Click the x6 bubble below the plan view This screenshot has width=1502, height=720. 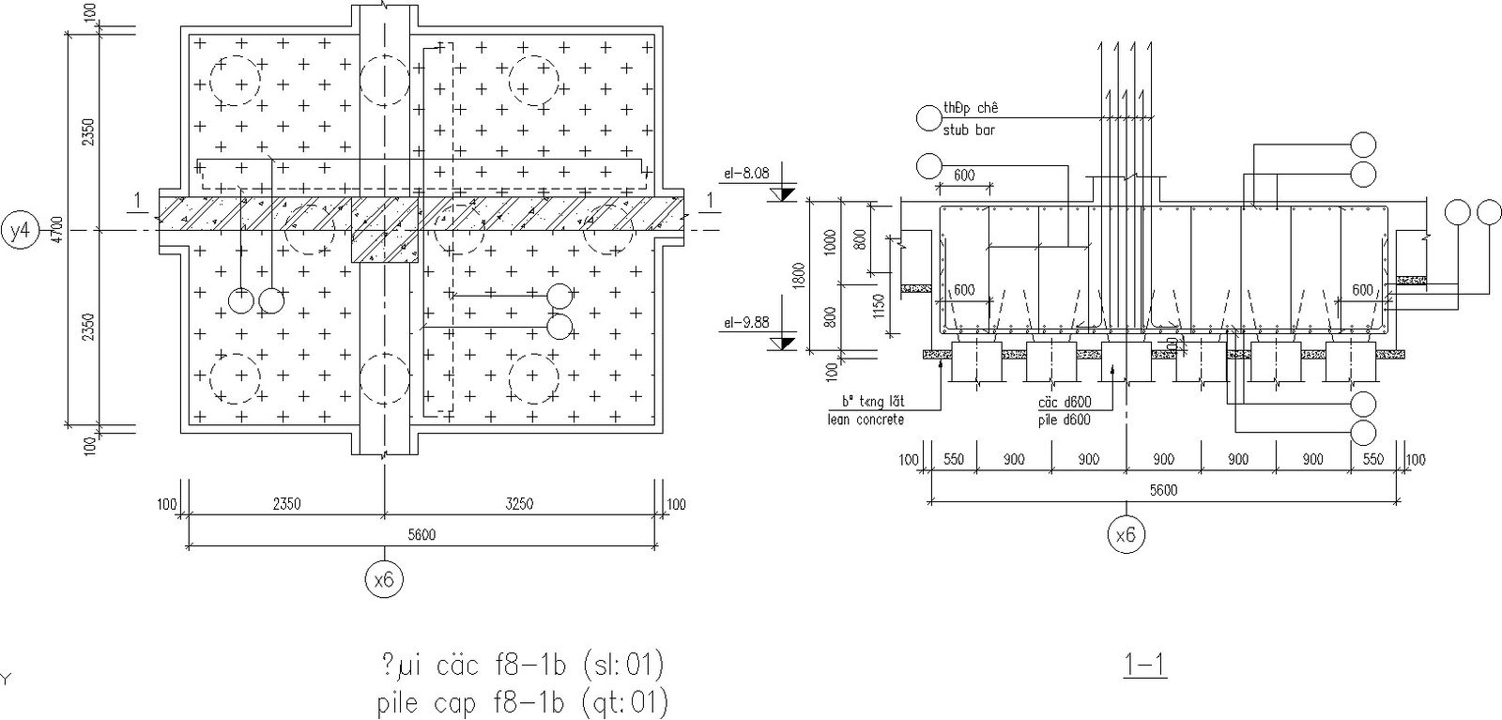[383, 581]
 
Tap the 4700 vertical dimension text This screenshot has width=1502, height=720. [56, 230]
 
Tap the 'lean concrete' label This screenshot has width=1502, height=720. [866, 420]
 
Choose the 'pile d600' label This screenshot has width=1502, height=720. [1064, 420]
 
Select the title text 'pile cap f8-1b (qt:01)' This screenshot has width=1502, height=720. [522, 702]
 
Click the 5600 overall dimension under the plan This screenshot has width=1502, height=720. [421, 535]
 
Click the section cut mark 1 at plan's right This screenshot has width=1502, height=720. [710, 199]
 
